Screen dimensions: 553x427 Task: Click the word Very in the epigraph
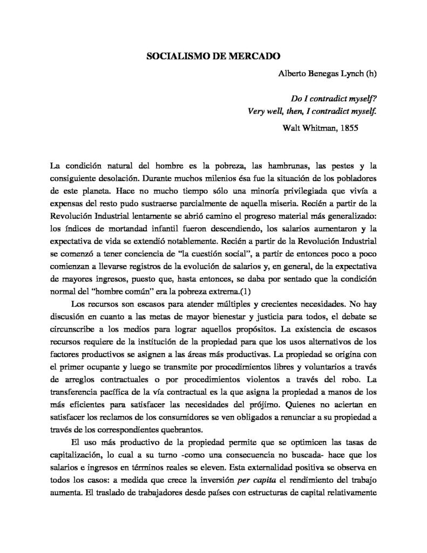[x=256, y=113]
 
